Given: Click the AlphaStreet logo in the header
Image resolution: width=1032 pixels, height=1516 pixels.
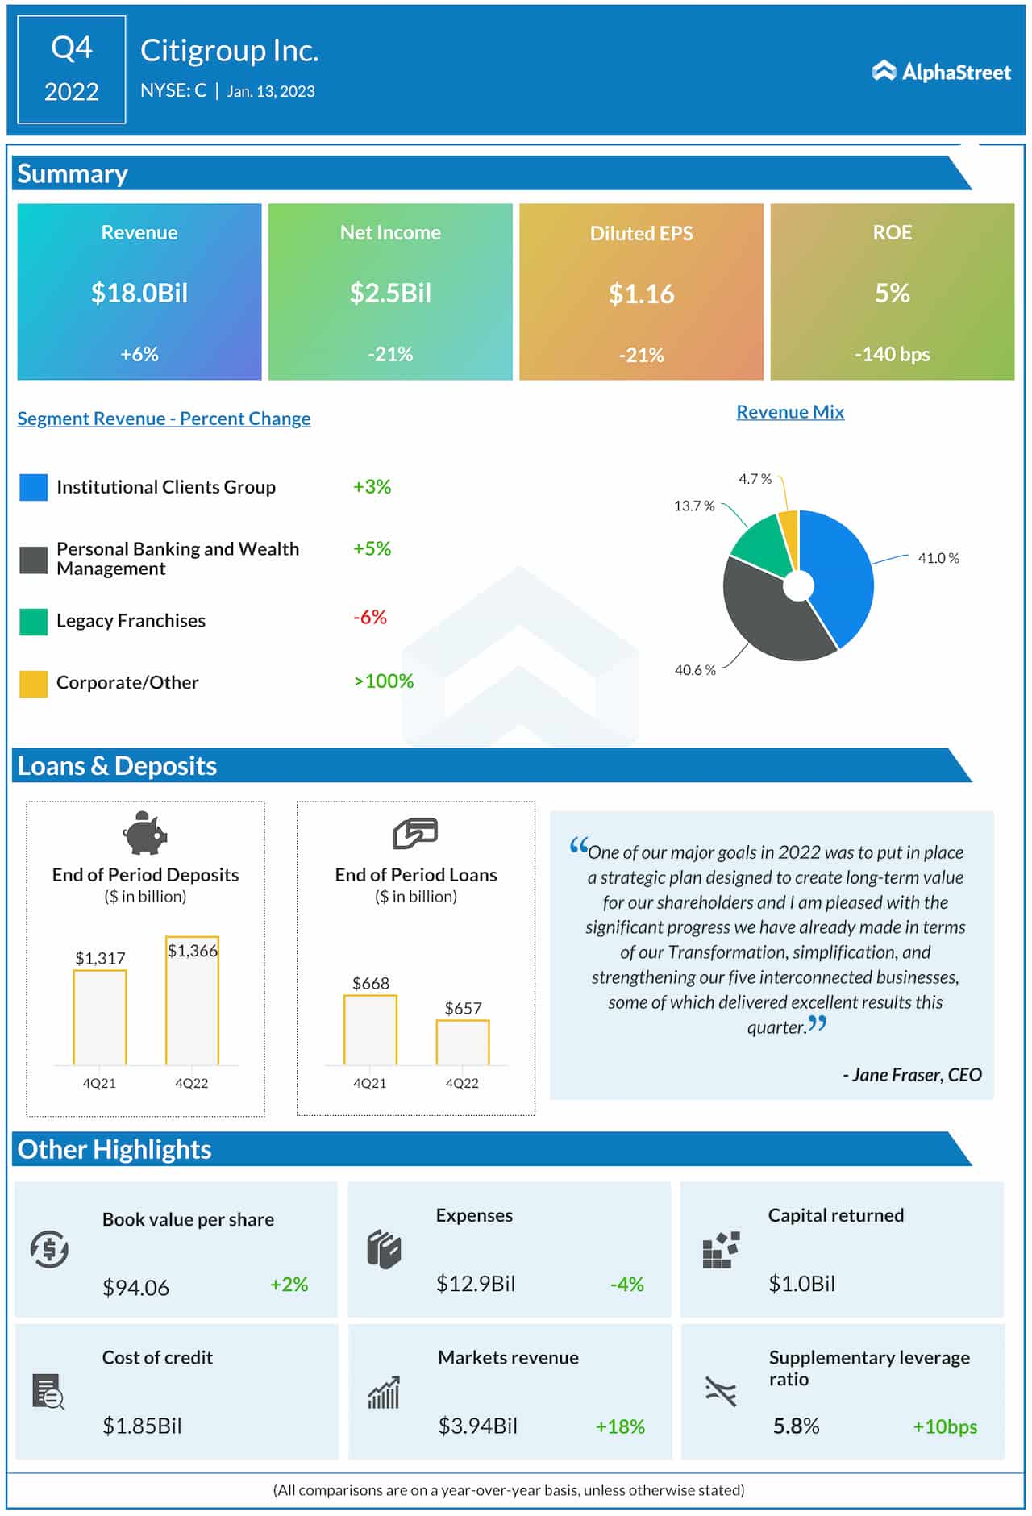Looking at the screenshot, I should click(941, 72).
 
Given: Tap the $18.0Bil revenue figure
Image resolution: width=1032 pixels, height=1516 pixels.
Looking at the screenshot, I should click(139, 293).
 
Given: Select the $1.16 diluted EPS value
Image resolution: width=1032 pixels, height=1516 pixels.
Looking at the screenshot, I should click(641, 294).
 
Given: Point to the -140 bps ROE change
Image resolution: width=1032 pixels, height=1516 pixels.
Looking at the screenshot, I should click(892, 354).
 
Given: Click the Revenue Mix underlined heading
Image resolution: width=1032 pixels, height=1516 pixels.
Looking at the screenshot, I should click(789, 412).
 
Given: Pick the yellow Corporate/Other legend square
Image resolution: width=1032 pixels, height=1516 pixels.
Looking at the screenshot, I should click(33, 683).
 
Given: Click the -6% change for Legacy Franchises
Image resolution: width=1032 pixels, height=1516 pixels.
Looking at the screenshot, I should click(370, 618).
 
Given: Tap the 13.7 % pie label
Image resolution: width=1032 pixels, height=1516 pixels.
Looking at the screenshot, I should click(693, 506).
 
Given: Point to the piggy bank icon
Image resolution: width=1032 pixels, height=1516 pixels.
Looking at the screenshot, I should click(145, 833).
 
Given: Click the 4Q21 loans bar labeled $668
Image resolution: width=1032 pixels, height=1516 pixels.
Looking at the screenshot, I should click(370, 1031).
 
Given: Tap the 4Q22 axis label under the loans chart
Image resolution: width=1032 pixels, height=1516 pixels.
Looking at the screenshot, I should click(462, 1083).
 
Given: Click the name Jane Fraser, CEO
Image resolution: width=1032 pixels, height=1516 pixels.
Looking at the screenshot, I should click(912, 1075).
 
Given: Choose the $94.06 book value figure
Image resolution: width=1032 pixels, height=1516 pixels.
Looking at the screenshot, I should click(135, 1288).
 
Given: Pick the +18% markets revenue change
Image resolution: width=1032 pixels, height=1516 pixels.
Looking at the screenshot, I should click(619, 1426).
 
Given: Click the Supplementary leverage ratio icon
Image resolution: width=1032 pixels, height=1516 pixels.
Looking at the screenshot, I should click(720, 1391).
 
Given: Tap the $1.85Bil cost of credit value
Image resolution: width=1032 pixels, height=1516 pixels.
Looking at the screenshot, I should click(142, 1426).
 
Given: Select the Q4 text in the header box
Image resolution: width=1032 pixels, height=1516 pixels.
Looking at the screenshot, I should click(72, 48).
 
